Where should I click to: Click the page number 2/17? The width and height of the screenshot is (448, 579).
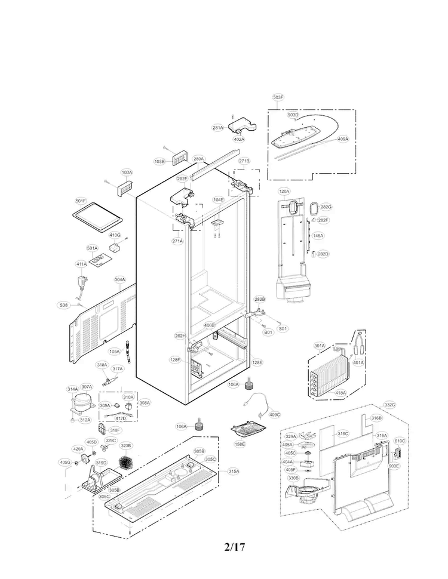(235, 547)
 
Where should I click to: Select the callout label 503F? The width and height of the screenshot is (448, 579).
(278, 97)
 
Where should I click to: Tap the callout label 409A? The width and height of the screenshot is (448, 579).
(342, 139)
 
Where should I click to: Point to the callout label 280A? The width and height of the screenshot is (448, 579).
(199, 159)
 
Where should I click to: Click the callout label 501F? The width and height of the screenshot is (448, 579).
(81, 201)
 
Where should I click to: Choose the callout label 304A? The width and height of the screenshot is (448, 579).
(119, 279)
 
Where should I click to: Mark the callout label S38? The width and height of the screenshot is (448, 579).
(64, 305)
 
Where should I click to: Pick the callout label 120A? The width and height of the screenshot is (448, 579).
(284, 191)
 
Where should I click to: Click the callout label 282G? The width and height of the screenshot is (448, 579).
(326, 207)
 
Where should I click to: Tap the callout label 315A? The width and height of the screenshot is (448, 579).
(233, 471)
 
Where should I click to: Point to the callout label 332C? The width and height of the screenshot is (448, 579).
(389, 405)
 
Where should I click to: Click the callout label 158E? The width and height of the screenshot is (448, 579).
(240, 444)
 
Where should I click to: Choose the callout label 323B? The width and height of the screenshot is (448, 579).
(126, 445)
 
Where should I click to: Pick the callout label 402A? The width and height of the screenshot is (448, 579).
(239, 139)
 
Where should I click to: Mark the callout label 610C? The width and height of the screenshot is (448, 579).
(400, 441)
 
